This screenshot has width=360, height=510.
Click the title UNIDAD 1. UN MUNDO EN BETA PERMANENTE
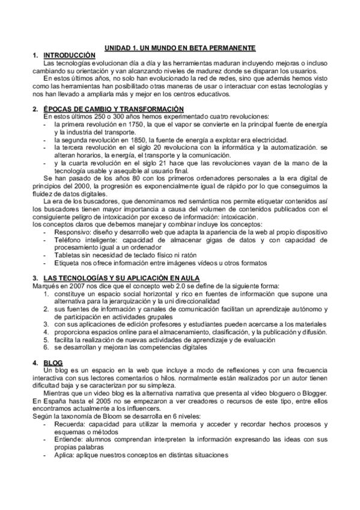click(180, 48)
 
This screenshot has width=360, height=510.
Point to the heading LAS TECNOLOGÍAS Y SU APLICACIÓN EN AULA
click(120, 278)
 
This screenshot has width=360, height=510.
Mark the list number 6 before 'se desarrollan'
click(46, 348)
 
